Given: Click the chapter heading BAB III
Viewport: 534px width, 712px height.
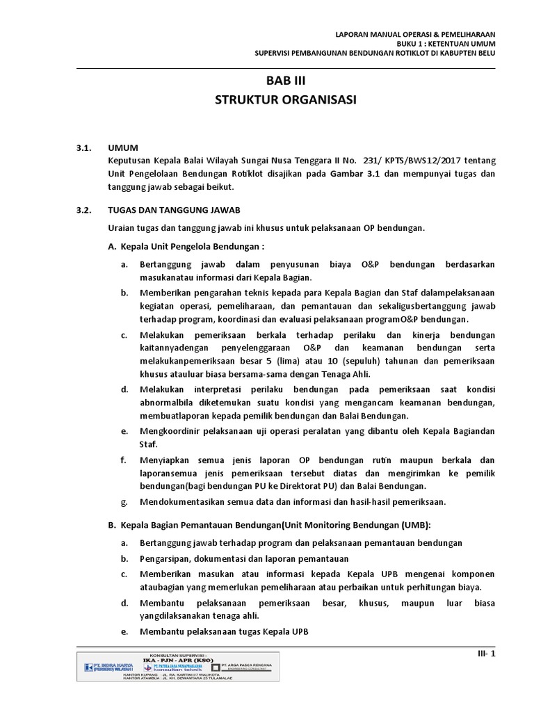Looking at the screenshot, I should click(x=286, y=81).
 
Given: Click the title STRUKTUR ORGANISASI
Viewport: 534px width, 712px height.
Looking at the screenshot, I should click(x=286, y=100).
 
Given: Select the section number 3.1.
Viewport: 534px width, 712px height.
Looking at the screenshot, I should click(x=85, y=148).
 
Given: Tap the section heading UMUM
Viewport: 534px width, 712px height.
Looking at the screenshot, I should click(x=123, y=148).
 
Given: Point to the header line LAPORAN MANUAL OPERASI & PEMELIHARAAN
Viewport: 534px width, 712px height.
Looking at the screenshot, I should click(x=415, y=33).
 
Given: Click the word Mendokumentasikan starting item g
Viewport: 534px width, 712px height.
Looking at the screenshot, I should click(x=181, y=501).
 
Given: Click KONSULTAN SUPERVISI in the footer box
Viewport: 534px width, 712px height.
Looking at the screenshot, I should click(x=179, y=655).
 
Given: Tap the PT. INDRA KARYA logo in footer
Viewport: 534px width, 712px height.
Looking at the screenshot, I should click(x=111, y=667).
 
